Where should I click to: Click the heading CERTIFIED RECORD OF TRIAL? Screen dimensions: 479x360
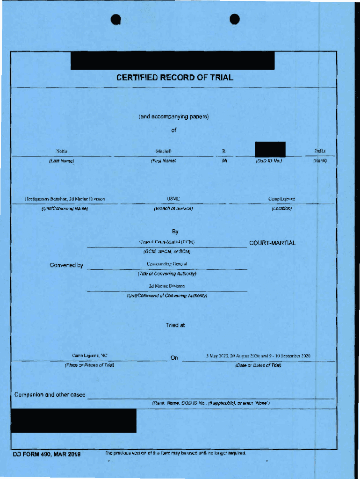click(x=174, y=78)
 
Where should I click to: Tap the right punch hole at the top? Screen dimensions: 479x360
click(x=235, y=19)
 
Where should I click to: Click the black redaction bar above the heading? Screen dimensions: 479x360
click(x=173, y=61)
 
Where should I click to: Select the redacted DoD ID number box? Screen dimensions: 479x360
click(x=270, y=149)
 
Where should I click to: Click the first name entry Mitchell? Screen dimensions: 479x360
click(x=164, y=152)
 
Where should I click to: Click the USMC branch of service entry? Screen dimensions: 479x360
click(x=173, y=199)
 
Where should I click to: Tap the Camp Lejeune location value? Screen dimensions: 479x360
click(x=281, y=199)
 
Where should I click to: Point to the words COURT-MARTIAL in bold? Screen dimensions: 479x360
click(x=272, y=243)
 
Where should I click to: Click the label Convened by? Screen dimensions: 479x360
click(x=66, y=266)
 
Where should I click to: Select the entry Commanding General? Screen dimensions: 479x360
click(x=167, y=264)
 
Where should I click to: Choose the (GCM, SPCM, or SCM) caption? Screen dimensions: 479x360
click(x=167, y=252)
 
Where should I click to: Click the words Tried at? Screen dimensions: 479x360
click(x=175, y=325)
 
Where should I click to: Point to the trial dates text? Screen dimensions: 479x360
click(x=258, y=356)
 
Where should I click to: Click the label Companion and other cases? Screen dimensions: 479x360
click(x=50, y=395)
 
